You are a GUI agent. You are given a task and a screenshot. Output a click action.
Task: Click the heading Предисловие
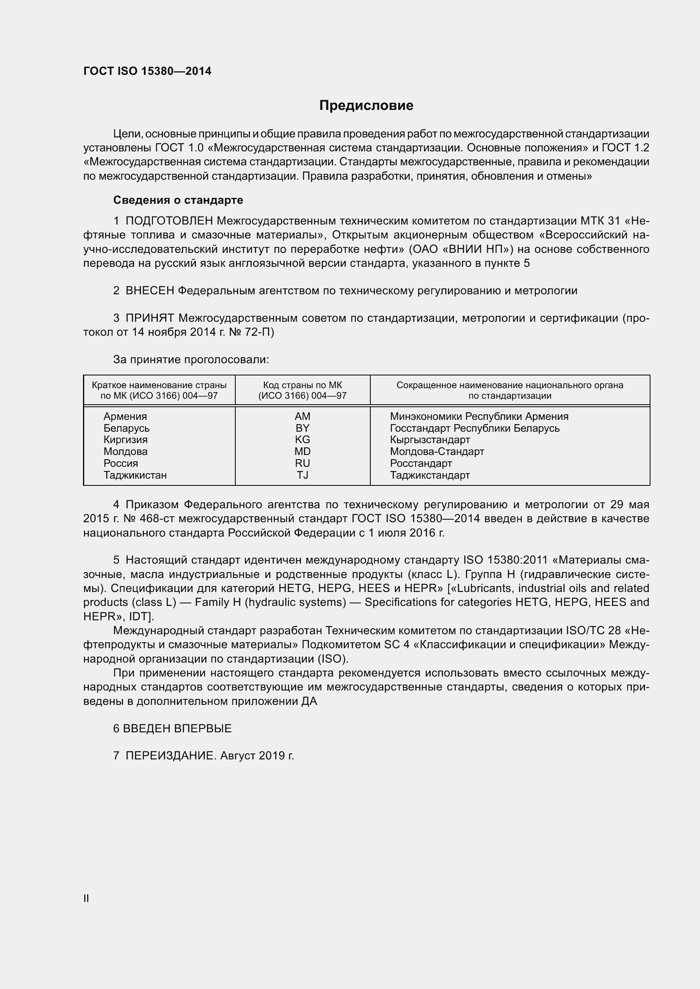366,106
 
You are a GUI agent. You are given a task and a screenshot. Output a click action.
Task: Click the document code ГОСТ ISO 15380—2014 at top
147,71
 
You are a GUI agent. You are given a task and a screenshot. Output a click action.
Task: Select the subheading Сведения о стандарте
178,200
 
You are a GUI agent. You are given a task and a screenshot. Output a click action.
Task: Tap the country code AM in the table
302,416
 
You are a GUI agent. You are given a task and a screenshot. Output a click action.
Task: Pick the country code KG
302,439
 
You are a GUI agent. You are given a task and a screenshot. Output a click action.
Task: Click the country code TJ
302,475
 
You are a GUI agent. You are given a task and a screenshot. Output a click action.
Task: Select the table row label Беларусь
126,428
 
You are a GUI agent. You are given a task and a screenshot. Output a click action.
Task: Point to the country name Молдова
125,452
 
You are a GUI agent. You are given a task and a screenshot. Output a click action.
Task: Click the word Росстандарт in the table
421,463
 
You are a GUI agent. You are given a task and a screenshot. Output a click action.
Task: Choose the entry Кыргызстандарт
430,440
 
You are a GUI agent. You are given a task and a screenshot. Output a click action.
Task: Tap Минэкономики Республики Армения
479,416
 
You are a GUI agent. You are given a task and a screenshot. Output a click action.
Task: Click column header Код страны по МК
302,385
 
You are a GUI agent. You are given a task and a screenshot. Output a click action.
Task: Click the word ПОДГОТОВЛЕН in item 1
169,221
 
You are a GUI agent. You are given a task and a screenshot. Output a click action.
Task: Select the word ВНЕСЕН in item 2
149,291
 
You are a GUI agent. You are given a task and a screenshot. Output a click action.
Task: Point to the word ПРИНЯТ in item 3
149,318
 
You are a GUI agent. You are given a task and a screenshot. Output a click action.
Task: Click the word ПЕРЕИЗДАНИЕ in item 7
171,756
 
